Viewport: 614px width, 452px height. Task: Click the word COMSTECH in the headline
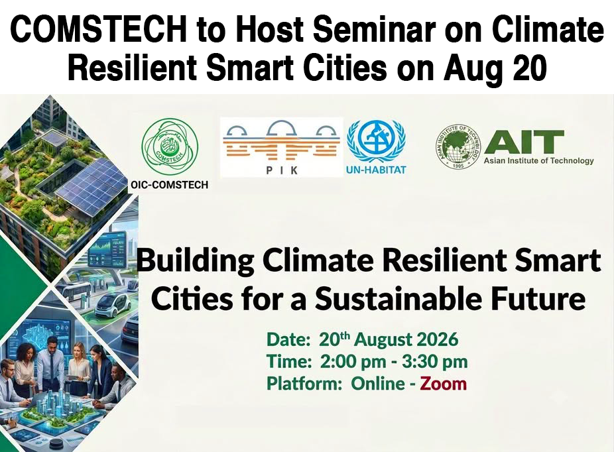[98, 30]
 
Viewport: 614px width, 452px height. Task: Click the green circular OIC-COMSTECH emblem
[170, 146]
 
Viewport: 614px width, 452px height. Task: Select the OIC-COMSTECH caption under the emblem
[169, 185]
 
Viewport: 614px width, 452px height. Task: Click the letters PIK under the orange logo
[282, 170]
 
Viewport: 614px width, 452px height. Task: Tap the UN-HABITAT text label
[376, 170]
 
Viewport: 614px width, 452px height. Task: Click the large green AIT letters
[524, 142]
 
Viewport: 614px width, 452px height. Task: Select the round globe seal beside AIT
[459, 146]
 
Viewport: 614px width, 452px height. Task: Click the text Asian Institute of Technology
[539, 161]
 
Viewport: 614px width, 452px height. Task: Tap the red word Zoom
[444, 384]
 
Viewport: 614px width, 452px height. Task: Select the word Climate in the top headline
[548, 30]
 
